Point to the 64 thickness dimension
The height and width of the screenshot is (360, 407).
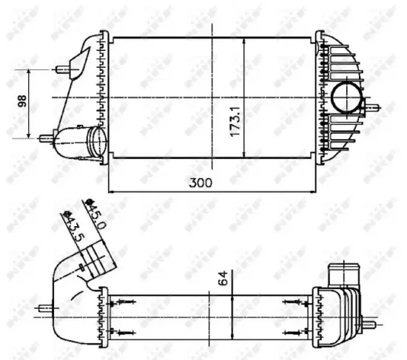223,281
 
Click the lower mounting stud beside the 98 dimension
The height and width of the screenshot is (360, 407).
46,137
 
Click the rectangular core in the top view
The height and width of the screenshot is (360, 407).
170,96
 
